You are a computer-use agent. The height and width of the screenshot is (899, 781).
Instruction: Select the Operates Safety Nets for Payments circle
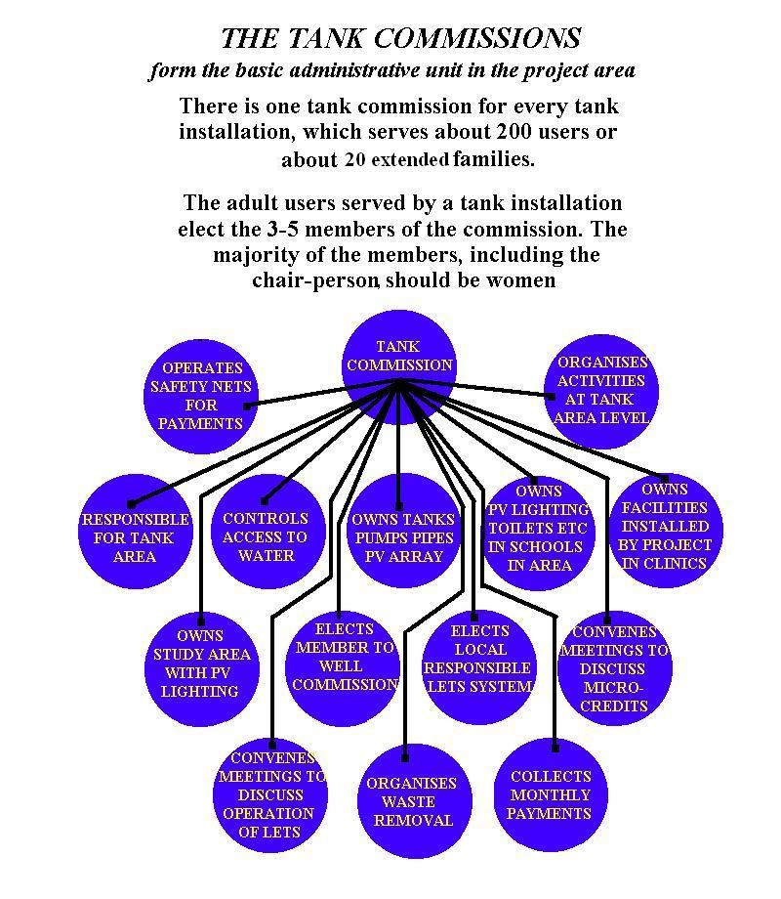[201, 396]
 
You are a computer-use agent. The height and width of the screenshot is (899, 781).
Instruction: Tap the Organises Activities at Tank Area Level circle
[601, 392]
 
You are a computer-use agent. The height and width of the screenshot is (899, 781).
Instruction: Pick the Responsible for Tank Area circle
[136, 532]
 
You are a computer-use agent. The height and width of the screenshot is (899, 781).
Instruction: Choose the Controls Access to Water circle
[268, 532]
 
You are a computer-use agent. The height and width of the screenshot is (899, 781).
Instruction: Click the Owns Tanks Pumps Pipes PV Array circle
[404, 531]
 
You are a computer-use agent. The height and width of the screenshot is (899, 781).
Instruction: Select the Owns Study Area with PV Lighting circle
[202, 669]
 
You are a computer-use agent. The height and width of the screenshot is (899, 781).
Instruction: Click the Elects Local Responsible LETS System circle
[479, 666]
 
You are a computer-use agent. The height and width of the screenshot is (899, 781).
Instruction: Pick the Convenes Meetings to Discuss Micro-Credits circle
[615, 668]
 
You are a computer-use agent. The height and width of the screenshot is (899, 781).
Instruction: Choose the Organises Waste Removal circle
[415, 801]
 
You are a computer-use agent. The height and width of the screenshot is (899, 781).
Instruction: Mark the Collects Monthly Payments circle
[551, 795]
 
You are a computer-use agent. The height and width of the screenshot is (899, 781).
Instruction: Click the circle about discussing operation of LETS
[270, 795]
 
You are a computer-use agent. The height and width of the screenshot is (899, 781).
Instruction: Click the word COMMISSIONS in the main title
[477, 38]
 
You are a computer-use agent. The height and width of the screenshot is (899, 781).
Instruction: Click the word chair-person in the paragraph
[315, 280]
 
